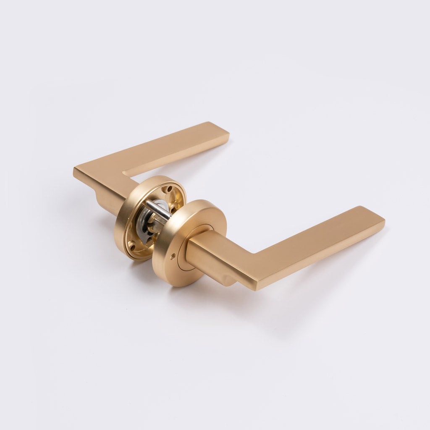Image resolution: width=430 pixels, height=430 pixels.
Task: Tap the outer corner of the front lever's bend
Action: [257, 286]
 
